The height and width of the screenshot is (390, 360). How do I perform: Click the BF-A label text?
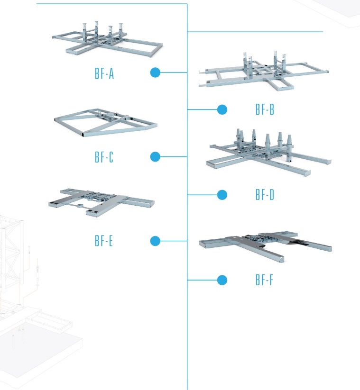coord(104,74)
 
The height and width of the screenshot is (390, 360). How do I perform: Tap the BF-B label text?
coord(265,110)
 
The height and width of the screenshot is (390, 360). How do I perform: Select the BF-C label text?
coord(104,157)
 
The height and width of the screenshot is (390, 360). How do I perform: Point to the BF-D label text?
coord(265,195)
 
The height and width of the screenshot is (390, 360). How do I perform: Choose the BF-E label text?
coord(104,241)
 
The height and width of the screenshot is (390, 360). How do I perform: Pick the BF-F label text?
coord(264,281)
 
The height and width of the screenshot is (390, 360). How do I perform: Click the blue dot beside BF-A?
coord(155,73)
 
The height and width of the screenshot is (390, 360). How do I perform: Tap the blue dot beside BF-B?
coord(222,110)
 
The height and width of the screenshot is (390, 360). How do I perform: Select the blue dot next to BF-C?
coord(155,157)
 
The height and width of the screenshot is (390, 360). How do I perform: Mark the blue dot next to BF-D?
coord(222,194)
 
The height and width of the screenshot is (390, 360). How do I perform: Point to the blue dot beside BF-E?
coord(155,241)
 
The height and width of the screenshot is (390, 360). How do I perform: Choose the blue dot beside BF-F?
coord(222,280)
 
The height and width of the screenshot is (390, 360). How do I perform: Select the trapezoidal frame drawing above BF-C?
coord(105,123)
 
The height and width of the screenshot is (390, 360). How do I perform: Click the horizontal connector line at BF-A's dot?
coord(174,73)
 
